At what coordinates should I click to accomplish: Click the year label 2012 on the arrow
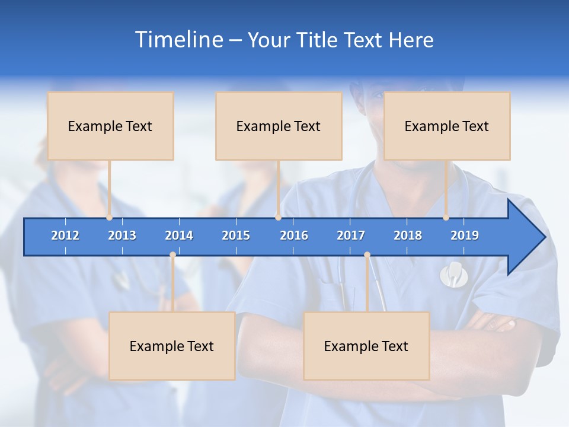(65, 235)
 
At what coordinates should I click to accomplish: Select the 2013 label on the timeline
(122, 235)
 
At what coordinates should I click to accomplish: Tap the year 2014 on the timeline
(179, 235)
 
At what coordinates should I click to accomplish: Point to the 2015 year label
(236, 235)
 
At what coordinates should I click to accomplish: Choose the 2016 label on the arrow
(294, 235)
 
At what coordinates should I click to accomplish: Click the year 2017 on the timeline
(351, 235)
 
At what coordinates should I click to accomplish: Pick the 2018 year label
(408, 235)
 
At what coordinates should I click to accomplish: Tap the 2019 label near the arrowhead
(465, 235)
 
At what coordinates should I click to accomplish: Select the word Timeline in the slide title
(178, 40)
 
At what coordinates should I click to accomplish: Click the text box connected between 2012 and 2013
(110, 126)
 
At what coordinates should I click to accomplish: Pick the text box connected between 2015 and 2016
(279, 126)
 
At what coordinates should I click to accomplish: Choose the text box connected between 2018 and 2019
(447, 126)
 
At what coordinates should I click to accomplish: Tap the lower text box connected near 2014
(172, 346)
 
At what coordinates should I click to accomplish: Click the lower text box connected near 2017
(366, 346)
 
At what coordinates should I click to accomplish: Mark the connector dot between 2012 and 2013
(110, 218)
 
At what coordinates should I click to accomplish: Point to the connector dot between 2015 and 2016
(278, 218)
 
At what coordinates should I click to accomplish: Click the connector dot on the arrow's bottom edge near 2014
(172, 255)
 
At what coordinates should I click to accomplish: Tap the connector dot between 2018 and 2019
(446, 218)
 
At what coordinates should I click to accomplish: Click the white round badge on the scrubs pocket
(453, 275)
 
